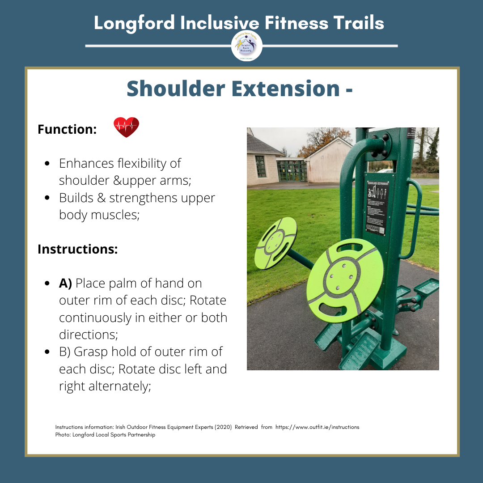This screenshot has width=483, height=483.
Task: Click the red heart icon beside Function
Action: pyautogui.click(x=126, y=127)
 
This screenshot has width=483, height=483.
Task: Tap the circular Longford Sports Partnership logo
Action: pyautogui.click(x=246, y=46)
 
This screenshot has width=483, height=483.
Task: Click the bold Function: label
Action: pyautogui.click(x=67, y=130)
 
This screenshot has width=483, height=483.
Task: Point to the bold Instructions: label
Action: pyautogui.click(x=77, y=249)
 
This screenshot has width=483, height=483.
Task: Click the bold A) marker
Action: pyautogui.click(x=66, y=283)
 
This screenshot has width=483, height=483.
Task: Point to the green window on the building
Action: pyautogui.click(x=261, y=166)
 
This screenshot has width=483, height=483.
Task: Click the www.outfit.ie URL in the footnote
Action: pyautogui.click(x=317, y=427)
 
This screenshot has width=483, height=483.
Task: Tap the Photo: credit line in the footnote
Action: pyautogui.click(x=105, y=435)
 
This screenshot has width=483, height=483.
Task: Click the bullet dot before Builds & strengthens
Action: pyautogui.click(x=47, y=198)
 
